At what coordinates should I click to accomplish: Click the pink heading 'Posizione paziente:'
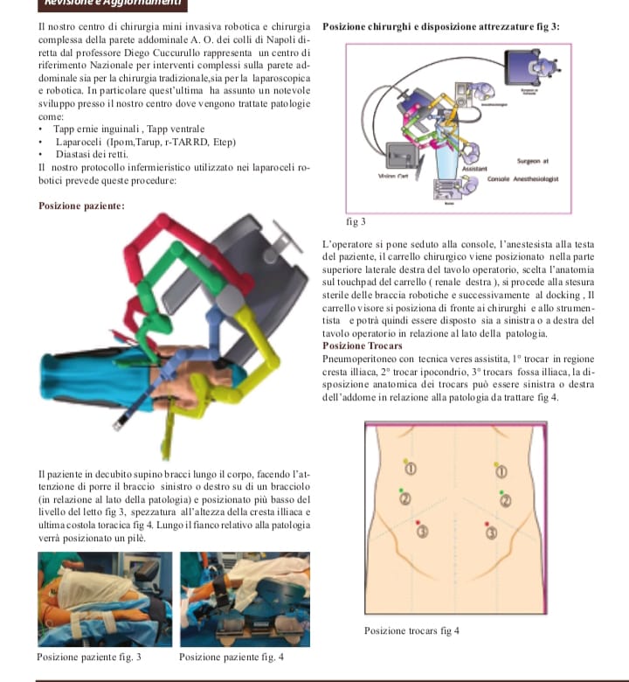(x=81, y=206)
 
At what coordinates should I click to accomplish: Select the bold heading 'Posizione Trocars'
(x=363, y=345)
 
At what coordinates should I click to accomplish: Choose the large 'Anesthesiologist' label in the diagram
(x=539, y=177)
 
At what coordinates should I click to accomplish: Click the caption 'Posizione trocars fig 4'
(x=411, y=630)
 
